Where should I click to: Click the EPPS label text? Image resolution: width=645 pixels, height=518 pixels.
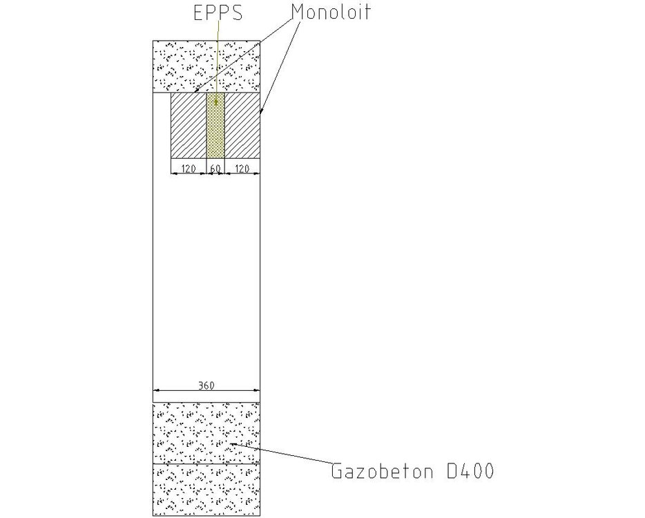pyautogui.click(x=218, y=12)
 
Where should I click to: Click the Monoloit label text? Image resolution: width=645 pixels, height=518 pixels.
pyautogui.click(x=331, y=12)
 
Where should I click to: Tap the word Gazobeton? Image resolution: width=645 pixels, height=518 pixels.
pyautogui.click(x=382, y=471)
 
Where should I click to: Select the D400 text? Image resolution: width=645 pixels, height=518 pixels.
pyautogui.click(x=470, y=471)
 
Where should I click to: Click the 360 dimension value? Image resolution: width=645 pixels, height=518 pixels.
pyautogui.click(x=206, y=385)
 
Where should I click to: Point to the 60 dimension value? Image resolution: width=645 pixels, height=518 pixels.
pyautogui.click(x=215, y=169)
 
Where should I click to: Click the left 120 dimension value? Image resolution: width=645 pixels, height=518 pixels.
pyautogui.click(x=189, y=169)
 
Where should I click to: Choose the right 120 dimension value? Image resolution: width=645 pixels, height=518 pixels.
pyautogui.click(x=242, y=169)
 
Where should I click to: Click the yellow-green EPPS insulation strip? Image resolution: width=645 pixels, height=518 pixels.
pyautogui.click(x=215, y=125)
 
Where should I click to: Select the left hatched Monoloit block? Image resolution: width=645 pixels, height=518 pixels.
pyautogui.click(x=189, y=125)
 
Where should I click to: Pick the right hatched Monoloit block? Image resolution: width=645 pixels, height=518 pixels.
pyautogui.click(x=242, y=125)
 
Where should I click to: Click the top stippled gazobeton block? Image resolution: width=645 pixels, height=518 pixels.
pyautogui.click(x=206, y=66)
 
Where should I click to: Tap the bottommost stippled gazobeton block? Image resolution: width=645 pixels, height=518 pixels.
pyautogui.click(x=206, y=490)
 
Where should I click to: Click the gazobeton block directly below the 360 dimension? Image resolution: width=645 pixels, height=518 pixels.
pyautogui.click(x=206, y=433)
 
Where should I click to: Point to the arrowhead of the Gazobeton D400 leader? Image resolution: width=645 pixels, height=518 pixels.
pyautogui.click(x=231, y=443)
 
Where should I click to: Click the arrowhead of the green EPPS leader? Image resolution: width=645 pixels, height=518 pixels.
pyautogui.click(x=215, y=102)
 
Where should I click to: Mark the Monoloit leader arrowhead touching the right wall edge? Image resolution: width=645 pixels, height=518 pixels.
pyautogui.click(x=261, y=111)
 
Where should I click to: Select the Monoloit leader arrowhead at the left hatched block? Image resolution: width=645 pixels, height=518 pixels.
pyautogui.click(x=195, y=91)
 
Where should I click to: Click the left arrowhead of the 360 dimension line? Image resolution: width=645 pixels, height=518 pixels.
pyautogui.click(x=156, y=390)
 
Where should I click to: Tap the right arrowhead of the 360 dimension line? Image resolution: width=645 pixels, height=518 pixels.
pyautogui.click(x=257, y=390)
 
